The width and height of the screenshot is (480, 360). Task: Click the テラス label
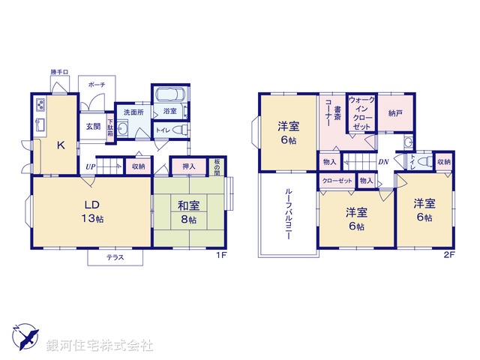click(115, 258)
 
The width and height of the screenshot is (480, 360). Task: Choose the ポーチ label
click(96, 85)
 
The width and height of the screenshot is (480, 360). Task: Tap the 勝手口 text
click(59, 72)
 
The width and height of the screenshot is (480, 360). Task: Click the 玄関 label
click(93, 127)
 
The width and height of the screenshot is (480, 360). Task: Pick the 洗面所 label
click(133, 112)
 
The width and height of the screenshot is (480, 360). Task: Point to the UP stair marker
click(91, 166)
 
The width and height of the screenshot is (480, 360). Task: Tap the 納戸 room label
click(395, 112)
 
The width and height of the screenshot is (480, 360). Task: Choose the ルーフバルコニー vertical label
click(289, 214)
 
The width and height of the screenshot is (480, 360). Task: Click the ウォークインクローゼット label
click(361, 112)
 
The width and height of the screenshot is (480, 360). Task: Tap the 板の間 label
click(216, 166)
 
